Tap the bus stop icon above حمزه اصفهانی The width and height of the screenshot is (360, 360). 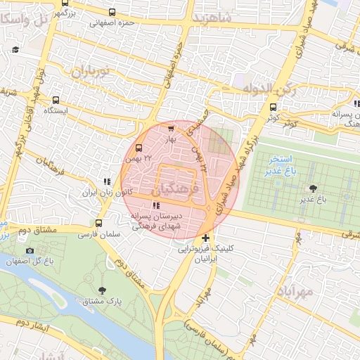[112, 12]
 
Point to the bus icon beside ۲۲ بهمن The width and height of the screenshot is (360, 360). [139, 148]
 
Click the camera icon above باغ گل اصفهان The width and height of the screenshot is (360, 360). [30, 250]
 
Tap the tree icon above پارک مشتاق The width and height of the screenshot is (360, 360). [103, 290]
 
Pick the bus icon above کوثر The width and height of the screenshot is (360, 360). [273, 108]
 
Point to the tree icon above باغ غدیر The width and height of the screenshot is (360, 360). [312, 188]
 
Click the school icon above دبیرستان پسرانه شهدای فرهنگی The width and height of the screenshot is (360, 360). [155, 205]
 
